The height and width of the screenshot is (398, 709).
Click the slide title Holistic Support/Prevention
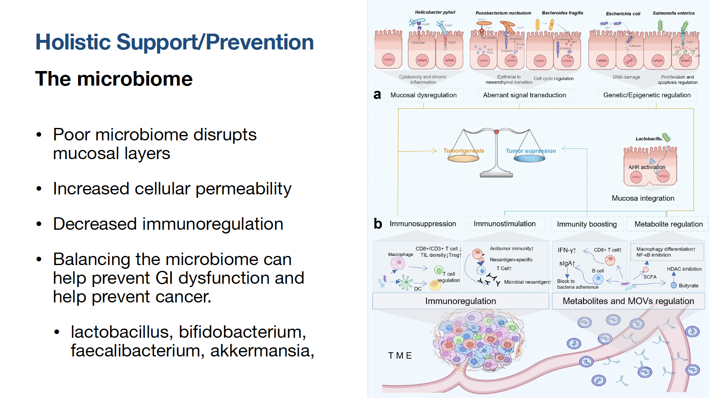(175, 42)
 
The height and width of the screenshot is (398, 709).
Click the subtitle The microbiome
(114, 79)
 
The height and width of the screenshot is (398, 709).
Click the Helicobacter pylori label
(435, 12)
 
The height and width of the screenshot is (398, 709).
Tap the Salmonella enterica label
(673, 13)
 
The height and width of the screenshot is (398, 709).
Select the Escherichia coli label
(623, 14)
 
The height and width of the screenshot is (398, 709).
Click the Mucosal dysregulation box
(423, 95)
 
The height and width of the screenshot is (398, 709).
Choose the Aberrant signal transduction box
(524, 95)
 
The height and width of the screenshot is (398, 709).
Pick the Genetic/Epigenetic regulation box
(647, 95)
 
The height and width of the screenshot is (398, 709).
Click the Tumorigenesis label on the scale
(463, 151)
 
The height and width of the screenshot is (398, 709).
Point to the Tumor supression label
(530, 151)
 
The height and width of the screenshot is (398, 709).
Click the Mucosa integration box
(643, 198)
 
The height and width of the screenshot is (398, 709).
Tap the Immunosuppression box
(422, 224)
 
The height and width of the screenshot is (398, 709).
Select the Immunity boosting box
(586, 224)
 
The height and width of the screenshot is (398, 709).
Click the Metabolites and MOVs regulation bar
(628, 301)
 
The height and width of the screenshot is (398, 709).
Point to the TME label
(400, 356)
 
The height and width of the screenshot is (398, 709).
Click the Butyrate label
(688, 286)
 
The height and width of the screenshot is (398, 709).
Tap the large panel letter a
(377, 95)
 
